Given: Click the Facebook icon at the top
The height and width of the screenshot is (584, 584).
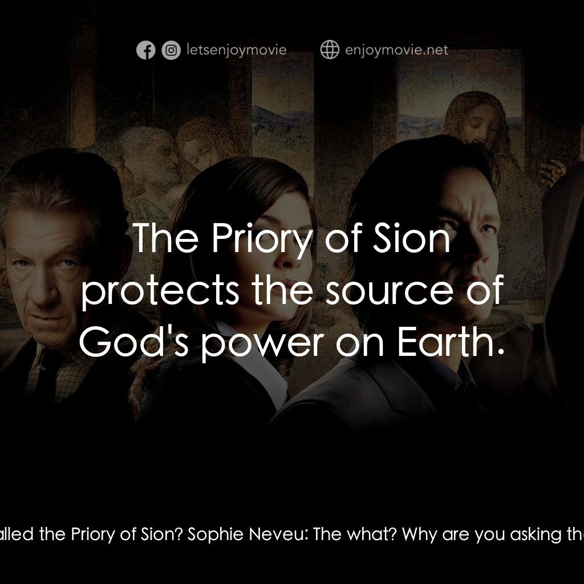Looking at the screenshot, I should pyautogui.click(x=145, y=50).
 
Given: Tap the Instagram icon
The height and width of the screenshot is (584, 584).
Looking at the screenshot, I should pyautogui.click(x=171, y=50).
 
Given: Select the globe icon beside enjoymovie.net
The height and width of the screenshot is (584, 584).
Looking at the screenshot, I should pyautogui.click(x=330, y=50).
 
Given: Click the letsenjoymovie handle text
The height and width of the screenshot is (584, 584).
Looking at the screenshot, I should pyautogui.click(x=237, y=50).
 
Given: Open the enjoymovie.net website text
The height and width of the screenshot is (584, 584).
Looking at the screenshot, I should pyautogui.click(x=397, y=50).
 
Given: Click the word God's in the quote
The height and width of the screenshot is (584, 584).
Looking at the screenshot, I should pyautogui.click(x=134, y=342).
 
